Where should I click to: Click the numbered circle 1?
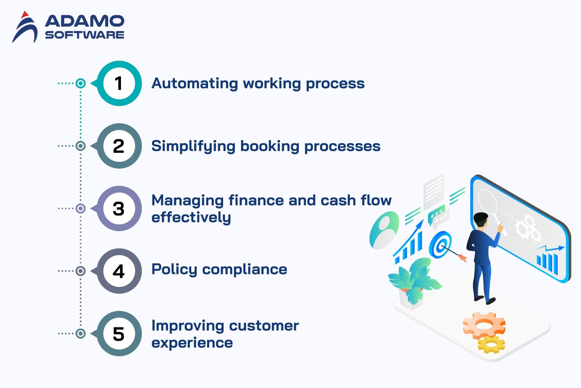(x=119, y=83)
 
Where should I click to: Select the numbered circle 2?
(x=119, y=146)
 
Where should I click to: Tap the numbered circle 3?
(x=119, y=208)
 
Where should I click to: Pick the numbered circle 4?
(x=119, y=271)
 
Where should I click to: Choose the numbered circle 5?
(x=119, y=333)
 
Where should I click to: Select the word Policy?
(x=174, y=269)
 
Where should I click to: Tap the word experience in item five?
(x=192, y=343)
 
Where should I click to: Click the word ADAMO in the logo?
(x=85, y=21)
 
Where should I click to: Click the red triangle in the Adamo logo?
(x=25, y=15)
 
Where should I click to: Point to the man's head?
(x=481, y=220)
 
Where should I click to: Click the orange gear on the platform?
(x=484, y=325)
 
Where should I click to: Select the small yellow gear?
(x=491, y=344)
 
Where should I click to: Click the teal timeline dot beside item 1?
(x=81, y=83)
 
